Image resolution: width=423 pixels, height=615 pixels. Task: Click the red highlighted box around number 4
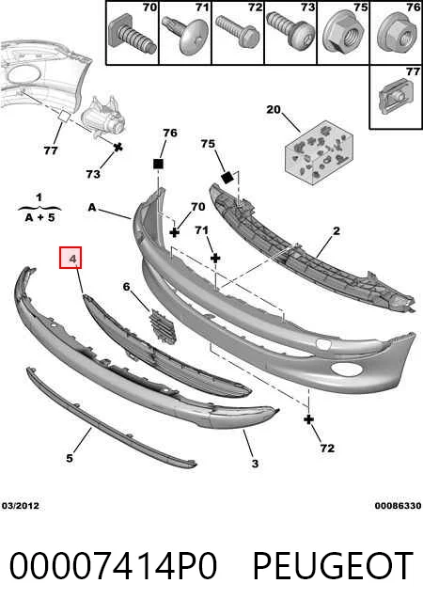(70, 258)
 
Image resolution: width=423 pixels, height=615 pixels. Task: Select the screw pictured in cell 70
(132, 35)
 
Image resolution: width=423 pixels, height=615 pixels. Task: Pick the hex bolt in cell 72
(238, 32)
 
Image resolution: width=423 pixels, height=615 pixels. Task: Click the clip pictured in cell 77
(394, 97)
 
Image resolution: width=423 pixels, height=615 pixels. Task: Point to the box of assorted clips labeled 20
(319, 153)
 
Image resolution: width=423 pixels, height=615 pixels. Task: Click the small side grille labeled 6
(163, 326)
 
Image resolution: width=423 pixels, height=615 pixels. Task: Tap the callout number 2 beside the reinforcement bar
(337, 231)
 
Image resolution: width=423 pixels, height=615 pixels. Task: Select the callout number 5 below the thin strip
(70, 458)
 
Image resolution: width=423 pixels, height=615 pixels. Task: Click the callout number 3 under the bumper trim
(256, 464)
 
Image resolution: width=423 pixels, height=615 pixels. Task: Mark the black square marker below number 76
(158, 164)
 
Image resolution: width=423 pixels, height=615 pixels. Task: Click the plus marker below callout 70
(175, 232)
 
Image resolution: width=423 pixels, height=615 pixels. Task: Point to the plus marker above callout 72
(309, 419)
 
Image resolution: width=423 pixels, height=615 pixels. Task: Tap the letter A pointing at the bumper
(92, 207)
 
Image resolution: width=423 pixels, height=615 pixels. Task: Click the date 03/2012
(21, 506)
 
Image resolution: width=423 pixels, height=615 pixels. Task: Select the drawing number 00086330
(398, 506)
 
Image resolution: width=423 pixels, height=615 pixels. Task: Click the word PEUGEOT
(333, 565)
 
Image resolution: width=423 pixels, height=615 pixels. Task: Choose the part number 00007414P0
(113, 565)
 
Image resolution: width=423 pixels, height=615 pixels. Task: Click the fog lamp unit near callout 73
(102, 117)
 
